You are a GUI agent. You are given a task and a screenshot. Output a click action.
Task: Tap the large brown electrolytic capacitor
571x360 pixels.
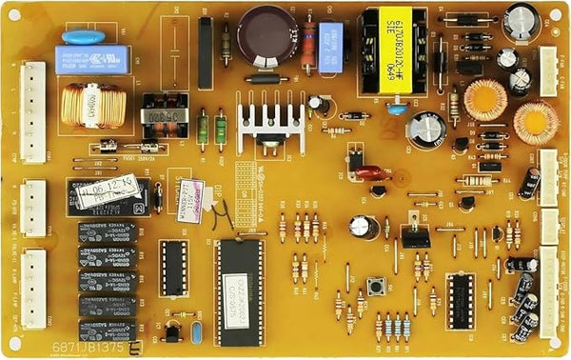(269, 34)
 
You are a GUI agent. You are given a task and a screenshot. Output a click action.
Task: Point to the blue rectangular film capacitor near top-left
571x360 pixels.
(85, 58)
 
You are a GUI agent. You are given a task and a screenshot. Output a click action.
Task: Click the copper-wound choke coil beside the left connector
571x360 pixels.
(91, 105)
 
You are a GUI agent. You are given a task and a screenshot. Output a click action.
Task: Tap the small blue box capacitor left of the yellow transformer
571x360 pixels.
(330, 48)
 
